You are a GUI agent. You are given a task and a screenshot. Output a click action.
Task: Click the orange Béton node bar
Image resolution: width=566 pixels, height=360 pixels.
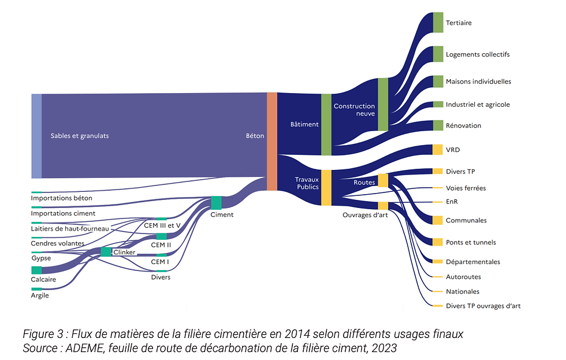[x=272, y=141]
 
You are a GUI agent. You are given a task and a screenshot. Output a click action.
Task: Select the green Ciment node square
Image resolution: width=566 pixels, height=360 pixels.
[x=216, y=203]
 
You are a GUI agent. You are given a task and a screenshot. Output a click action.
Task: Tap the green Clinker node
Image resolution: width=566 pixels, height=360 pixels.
[x=106, y=252]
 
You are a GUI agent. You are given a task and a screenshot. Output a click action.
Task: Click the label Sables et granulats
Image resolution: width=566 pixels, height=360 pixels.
[x=80, y=136]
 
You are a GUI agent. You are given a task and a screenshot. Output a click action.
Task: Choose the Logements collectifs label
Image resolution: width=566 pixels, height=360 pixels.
[x=478, y=54]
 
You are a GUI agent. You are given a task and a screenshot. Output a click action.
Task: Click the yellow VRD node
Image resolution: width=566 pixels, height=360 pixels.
[x=438, y=150]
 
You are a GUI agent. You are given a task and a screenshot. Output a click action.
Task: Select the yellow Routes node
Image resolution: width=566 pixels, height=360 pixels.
[x=383, y=180]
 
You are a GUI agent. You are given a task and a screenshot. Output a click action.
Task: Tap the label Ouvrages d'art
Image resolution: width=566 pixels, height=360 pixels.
[x=364, y=214]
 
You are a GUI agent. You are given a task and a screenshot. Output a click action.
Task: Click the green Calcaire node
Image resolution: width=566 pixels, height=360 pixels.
[x=36, y=270]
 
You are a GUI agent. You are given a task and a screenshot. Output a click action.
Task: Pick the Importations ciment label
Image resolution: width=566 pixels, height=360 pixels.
[x=64, y=213]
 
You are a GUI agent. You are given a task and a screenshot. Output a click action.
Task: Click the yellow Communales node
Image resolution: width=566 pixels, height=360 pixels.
[x=438, y=220]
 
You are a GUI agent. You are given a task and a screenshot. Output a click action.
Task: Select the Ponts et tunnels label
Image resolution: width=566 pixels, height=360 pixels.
[x=471, y=242]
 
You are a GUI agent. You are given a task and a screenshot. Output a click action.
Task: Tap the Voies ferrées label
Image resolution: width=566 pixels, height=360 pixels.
[x=466, y=188]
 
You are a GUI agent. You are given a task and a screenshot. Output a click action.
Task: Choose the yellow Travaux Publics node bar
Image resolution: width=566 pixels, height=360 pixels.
[x=326, y=187]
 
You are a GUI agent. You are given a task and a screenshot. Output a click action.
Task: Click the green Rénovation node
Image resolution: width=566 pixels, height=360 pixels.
[x=438, y=125]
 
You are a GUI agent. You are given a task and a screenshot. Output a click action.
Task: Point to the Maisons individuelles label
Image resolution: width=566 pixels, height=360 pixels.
[x=478, y=81]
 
